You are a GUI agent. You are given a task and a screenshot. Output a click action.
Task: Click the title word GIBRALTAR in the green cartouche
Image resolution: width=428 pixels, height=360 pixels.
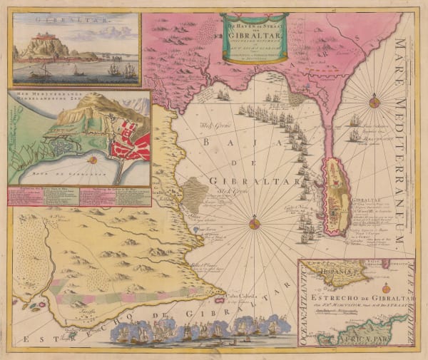coord(255,33)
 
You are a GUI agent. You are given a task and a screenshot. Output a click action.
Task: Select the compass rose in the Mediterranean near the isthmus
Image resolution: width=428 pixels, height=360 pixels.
coord(374,102)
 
